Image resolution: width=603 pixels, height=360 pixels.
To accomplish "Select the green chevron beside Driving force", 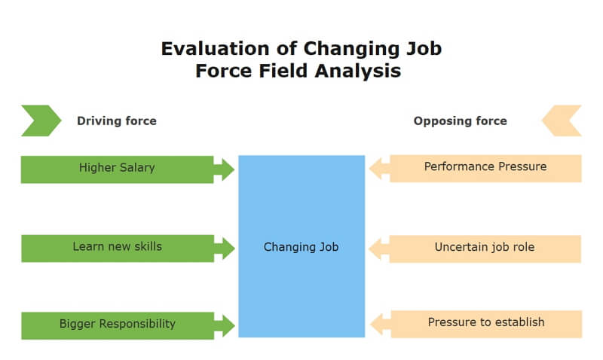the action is click(x=41, y=121).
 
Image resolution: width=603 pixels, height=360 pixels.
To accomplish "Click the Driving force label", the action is click(x=117, y=121).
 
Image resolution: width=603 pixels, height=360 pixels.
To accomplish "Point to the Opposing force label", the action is click(x=460, y=121).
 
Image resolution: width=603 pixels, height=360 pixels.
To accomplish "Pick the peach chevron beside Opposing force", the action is click(x=562, y=121).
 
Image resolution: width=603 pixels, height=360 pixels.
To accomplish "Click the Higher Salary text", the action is click(x=117, y=168).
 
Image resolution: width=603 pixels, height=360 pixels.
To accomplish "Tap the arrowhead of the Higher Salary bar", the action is click(x=224, y=169).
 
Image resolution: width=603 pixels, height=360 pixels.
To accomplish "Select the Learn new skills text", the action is click(x=118, y=246).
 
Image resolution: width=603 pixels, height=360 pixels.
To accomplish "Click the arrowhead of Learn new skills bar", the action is click(x=225, y=249).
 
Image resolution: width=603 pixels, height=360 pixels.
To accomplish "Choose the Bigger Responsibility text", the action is click(x=118, y=324).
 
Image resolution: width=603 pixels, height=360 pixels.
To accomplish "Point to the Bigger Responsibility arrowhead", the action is click(x=225, y=326).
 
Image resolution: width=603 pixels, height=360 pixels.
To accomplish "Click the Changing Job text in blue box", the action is click(x=301, y=247).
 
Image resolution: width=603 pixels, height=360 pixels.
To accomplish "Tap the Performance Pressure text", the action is click(x=485, y=166).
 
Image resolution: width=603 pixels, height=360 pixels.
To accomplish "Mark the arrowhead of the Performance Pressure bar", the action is click(x=380, y=168).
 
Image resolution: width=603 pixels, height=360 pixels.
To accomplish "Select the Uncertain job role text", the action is click(x=485, y=247).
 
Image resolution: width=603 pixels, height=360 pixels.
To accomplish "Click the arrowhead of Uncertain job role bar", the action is click(x=379, y=249).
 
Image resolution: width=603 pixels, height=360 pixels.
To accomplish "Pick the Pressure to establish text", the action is click(x=486, y=322).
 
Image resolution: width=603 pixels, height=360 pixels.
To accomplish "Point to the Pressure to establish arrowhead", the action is click(x=381, y=324).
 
